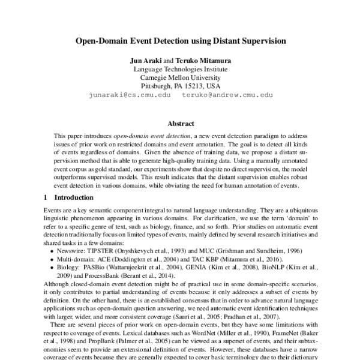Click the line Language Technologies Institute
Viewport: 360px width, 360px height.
(180, 70)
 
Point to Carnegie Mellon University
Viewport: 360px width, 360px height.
(180, 78)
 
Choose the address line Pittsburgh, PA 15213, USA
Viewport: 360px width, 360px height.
(180, 86)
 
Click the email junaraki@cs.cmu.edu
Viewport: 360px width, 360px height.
(126, 95)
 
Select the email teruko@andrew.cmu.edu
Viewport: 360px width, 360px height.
(227, 95)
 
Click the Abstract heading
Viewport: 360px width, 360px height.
(180, 124)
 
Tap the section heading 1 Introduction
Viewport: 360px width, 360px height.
(66, 197)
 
